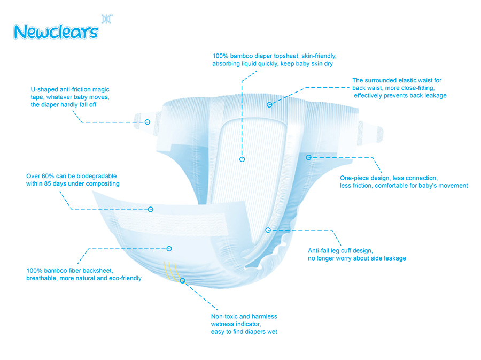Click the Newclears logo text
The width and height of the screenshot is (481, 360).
(56, 31)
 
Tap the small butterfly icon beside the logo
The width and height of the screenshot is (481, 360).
(107, 19)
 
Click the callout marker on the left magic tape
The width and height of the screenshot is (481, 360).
(148, 122)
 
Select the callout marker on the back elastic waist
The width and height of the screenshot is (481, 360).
(269, 105)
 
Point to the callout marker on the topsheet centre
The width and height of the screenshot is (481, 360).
(242, 159)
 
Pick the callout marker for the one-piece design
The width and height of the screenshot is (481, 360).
(308, 157)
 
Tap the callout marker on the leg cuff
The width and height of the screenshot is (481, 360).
(268, 230)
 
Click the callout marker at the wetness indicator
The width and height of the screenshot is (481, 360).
(183, 280)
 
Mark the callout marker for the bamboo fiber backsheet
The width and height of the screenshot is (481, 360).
(169, 248)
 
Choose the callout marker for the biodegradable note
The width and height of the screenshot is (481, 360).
(151, 209)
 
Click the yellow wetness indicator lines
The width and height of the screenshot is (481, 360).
(170, 270)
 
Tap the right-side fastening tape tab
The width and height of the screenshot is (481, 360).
(371, 131)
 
